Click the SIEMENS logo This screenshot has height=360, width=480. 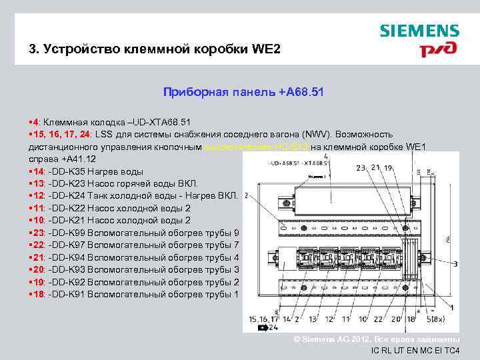click(419, 31)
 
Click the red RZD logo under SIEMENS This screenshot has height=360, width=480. click(437, 49)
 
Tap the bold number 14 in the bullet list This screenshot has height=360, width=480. click(38, 171)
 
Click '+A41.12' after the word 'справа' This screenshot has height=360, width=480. click(78, 159)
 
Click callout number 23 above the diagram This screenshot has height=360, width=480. click(360, 168)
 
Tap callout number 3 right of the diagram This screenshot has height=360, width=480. click(455, 265)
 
